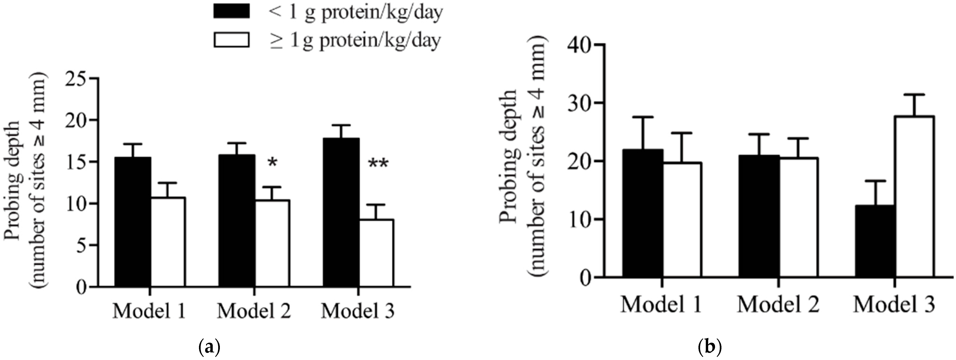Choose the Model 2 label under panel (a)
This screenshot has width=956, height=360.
pos(254,311)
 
